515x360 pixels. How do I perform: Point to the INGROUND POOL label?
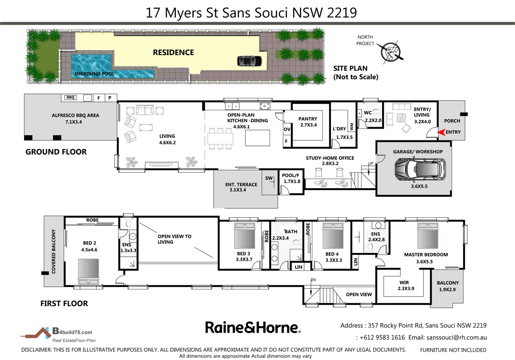point(94,73)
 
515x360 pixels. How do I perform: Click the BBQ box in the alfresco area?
point(70,98)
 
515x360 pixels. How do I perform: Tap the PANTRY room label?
point(307,119)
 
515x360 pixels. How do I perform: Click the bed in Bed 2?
point(88,272)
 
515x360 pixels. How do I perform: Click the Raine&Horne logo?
point(253,327)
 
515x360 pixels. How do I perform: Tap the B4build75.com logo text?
point(73,332)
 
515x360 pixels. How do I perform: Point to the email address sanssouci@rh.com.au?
point(456,338)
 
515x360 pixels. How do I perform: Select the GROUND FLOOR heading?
point(56,152)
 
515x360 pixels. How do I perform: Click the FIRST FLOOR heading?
point(64,303)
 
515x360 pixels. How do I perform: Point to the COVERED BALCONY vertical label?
point(53,252)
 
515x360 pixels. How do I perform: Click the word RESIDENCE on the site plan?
point(173,52)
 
